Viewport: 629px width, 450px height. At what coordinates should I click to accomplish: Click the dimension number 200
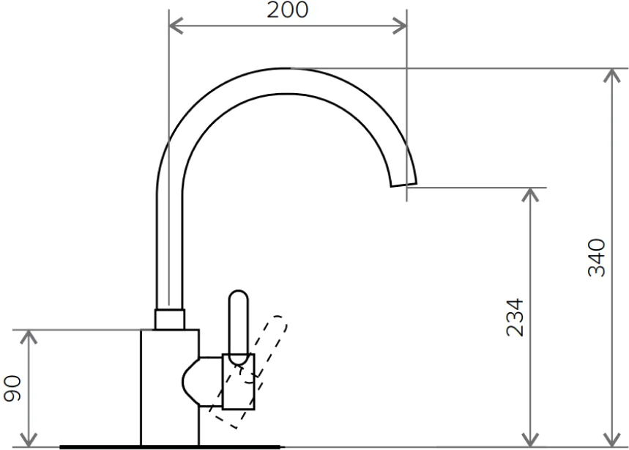[288, 10]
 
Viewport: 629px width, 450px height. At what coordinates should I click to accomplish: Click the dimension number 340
[597, 257]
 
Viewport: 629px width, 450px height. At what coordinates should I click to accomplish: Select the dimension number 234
[515, 317]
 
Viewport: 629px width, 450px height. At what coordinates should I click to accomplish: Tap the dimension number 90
[12, 388]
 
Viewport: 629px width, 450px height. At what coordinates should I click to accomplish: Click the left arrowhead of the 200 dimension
[176, 26]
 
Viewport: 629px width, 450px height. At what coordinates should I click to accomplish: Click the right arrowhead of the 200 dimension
[400, 26]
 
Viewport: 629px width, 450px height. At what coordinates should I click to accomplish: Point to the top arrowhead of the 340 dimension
[612, 75]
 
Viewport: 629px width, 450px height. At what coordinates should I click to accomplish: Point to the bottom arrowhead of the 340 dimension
[612, 440]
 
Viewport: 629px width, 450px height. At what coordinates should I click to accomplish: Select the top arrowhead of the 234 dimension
[531, 195]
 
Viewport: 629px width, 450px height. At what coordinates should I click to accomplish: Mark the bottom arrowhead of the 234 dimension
[531, 440]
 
